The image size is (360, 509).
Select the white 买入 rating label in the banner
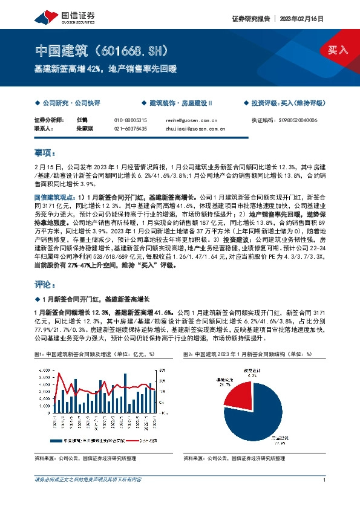tap(337, 50)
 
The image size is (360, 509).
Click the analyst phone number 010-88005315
tap(131, 120)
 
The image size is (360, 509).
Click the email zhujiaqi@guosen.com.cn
tap(195, 129)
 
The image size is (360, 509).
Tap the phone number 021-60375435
tap(131, 129)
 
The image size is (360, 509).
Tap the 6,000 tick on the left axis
tap(44, 369)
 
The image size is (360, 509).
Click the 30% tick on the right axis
tap(162, 369)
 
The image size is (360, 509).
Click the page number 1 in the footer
tap(325, 479)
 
